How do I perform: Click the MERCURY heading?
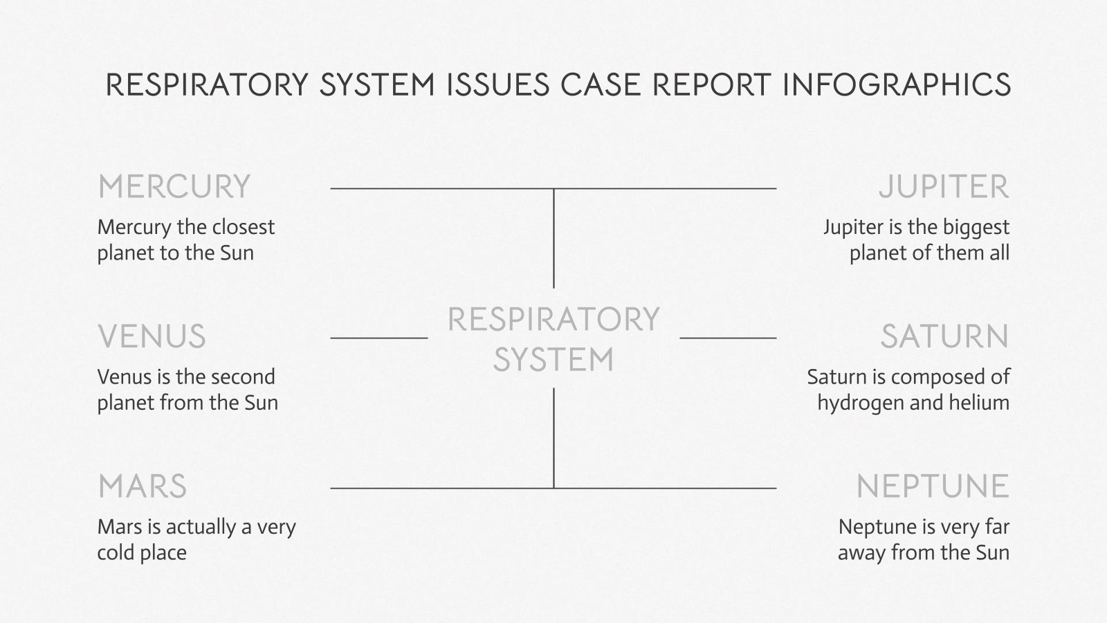coord(174,187)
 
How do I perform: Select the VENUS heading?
coord(152,337)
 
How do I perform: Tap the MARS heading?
coord(142,487)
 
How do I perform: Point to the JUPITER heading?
coord(944,187)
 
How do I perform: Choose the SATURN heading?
coord(944,337)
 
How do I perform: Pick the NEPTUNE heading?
coord(933,487)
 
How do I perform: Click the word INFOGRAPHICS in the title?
coord(897,84)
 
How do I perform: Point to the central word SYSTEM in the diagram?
coord(553,360)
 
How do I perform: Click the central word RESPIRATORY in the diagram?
coord(553,320)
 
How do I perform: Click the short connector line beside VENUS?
coord(379,338)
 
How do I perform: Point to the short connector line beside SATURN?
coord(728,338)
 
